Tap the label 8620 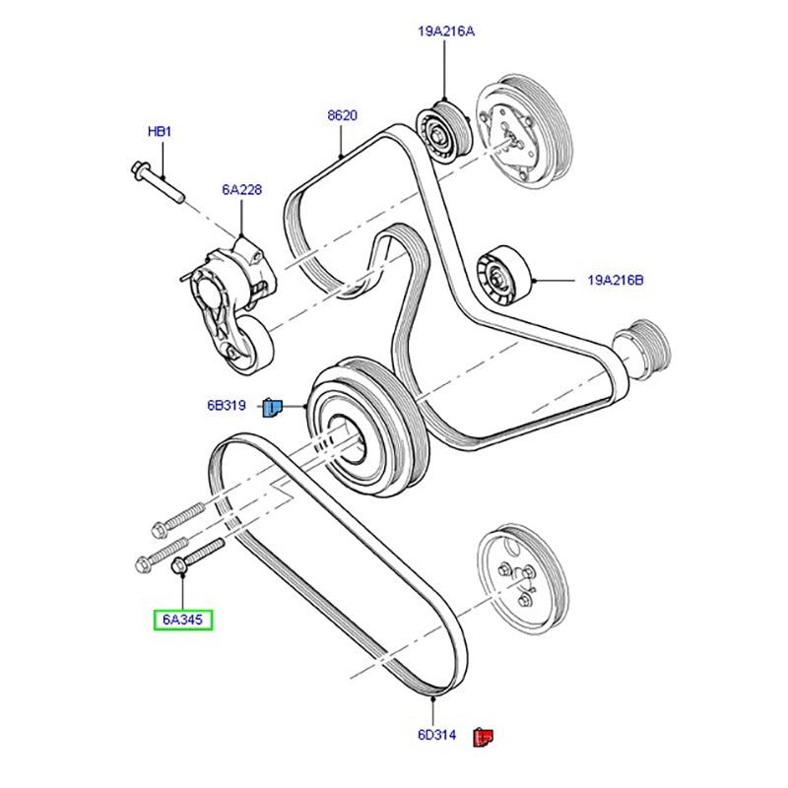click(x=342, y=115)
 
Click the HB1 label click(x=159, y=131)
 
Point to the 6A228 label click(x=241, y=190)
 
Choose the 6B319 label click(x=227, y=405)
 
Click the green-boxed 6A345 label click(x=182, y=620)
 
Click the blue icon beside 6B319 click(x=272, y=405)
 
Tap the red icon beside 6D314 click(x=482, y=735)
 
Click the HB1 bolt click(x=158, y=181)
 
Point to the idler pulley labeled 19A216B click(x=502, y=277)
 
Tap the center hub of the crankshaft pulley click(x=350, y=432)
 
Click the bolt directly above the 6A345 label click(x=198, y=556)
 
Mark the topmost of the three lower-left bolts click(x=178, y=517)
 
